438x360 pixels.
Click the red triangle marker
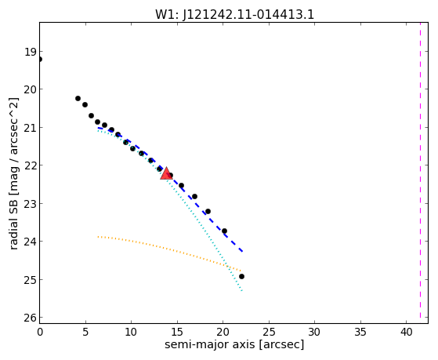pyautogui.click(x=166, y=173)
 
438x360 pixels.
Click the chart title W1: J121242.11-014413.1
pyautogui.click(x=234, y=15)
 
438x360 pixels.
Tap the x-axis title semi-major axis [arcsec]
pyautogui.click(x=234, y=344)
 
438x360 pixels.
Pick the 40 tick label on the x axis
pyautogui.click(x=407, y=332)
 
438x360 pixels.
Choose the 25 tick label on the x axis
pyautogui.click(x=269, y=332)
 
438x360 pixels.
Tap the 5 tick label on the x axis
pyautogui.click(x=85, y=332)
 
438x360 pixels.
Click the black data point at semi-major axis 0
pyautogui.click(x=40, y=60)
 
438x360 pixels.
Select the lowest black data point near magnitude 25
pyautogui.click(x=241, y=276)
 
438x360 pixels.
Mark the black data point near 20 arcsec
pyautogui.click(x=224, y=231)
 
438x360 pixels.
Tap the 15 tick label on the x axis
pyautogui.click(x=177, y=332)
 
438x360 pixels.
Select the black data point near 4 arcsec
pyautogui.click(x=78, y=99)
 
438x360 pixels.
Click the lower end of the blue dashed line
pyautogui.click(x=242, y=252)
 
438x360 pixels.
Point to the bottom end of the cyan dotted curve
pyautogui.click(x=242, y=291)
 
